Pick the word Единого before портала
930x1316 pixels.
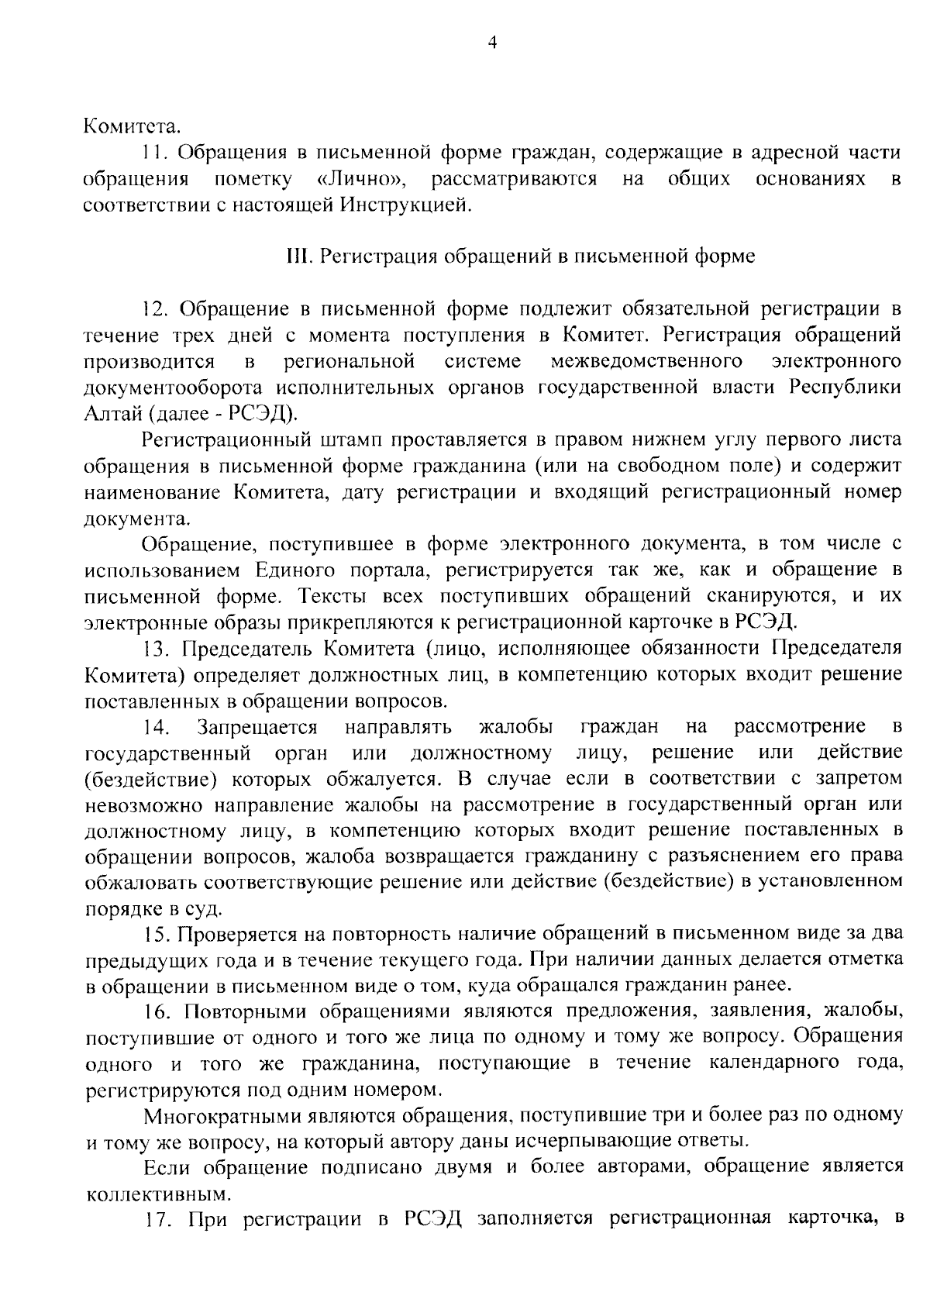tap(291, 570)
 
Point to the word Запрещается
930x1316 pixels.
tap(257, 727)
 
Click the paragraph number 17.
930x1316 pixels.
tap(156, 1220)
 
